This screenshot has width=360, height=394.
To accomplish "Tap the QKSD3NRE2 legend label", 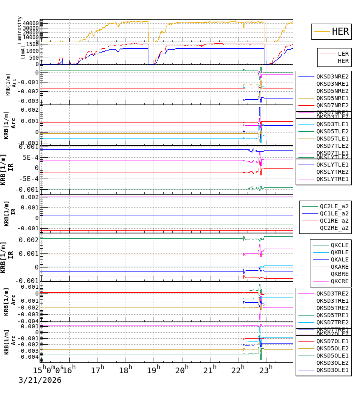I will pos(332,76).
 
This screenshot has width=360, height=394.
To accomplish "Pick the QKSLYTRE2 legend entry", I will pos(332,172).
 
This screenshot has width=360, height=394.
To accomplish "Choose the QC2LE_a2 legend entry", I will pos(334,206).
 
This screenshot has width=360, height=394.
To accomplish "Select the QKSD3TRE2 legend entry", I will pos(332,293).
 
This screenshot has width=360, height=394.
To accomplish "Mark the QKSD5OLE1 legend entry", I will pos(332,356).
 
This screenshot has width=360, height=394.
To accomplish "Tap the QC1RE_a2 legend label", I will pos(334,221).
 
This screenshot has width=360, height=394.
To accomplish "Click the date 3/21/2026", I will pos(40,380).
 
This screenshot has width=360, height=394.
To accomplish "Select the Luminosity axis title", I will pos(20,30).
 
